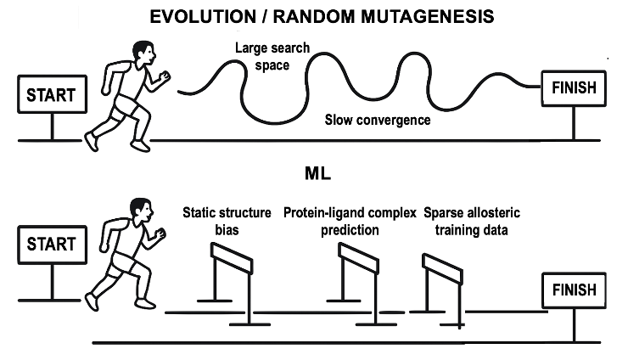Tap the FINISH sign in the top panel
[x=574, y=87]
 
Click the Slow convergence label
[x=377, y=120]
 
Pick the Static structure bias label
[x=227, y=221]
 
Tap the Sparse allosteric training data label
[x=464, y=221]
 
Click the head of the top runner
[x=141, y=55]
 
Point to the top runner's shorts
[x=127, y=105]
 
